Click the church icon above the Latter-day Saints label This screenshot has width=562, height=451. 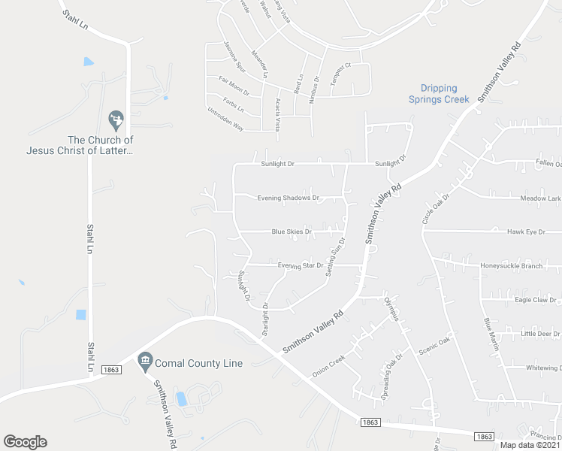[116, 119]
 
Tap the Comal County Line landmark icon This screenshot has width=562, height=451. [145, 362]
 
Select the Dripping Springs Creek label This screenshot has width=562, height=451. [439, 94]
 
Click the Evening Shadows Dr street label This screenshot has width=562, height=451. [289, 198]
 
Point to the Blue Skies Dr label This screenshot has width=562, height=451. [292, 232]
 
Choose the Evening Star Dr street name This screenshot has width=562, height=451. [300, 265]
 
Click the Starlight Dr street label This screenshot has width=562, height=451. [265, 319]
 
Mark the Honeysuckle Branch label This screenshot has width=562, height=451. [511, 266]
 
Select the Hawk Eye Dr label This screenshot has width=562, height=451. [526, 232]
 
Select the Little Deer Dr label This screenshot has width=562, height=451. [540, 333]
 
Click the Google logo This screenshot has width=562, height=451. [25, 442]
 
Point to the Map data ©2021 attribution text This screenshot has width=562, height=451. [530, 445]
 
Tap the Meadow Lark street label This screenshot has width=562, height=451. [540, 198]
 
